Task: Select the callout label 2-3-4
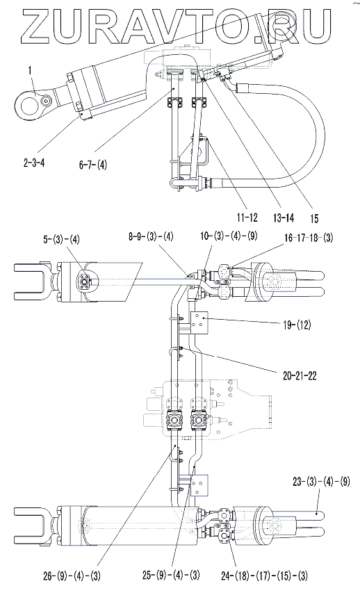(33, 164)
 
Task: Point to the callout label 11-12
(247, 217)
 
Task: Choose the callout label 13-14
(284, 218)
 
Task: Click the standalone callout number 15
(313, 218)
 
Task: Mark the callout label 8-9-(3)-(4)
(150, 237)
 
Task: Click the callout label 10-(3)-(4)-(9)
(229, 236)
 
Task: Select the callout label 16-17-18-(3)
(309, 238)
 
